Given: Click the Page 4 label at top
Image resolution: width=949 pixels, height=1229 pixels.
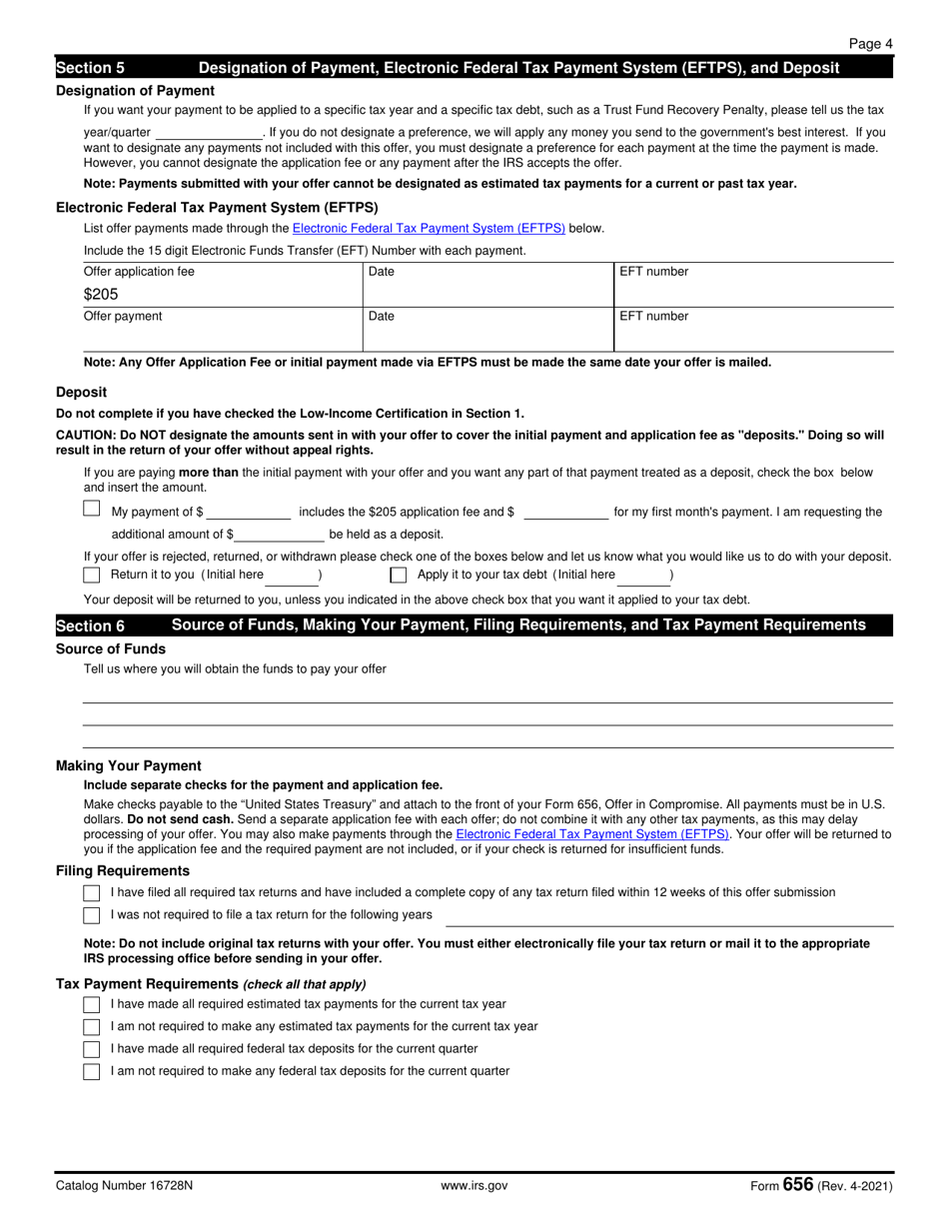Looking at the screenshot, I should point(870,44).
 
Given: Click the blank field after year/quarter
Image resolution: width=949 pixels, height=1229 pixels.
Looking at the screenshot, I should point(209,133).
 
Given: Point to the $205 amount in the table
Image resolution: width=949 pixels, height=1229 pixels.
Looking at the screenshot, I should point(101,295).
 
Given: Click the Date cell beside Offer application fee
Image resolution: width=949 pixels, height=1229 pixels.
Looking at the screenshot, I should point(487,285).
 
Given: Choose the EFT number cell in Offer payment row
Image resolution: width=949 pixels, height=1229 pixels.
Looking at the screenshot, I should point(752,330).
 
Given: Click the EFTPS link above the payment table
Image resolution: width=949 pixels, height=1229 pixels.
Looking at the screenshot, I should point(429,228).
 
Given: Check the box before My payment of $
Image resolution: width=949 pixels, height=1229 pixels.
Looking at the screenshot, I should point(92,509).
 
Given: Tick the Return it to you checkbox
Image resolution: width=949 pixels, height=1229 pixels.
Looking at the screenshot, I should point(92,575).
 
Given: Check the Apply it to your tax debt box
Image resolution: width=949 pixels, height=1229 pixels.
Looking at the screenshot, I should point(399,575).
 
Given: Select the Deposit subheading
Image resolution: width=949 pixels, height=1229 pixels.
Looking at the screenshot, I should point(81,392).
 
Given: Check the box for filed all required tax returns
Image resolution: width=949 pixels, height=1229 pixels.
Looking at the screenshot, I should point(92,892).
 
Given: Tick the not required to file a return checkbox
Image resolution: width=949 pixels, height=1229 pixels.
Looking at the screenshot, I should point(92,915).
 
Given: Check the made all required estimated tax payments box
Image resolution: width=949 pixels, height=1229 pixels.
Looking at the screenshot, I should point(92,1004).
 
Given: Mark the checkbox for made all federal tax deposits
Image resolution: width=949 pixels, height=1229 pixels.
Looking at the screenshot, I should point(92,1049).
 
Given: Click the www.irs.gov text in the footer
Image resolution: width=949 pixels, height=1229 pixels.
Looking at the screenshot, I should point(474,1186).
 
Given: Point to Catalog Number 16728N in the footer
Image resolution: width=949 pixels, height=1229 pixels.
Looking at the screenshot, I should point(125,1186).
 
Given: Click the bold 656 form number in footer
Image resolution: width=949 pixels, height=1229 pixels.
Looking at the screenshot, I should point(798,1185).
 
